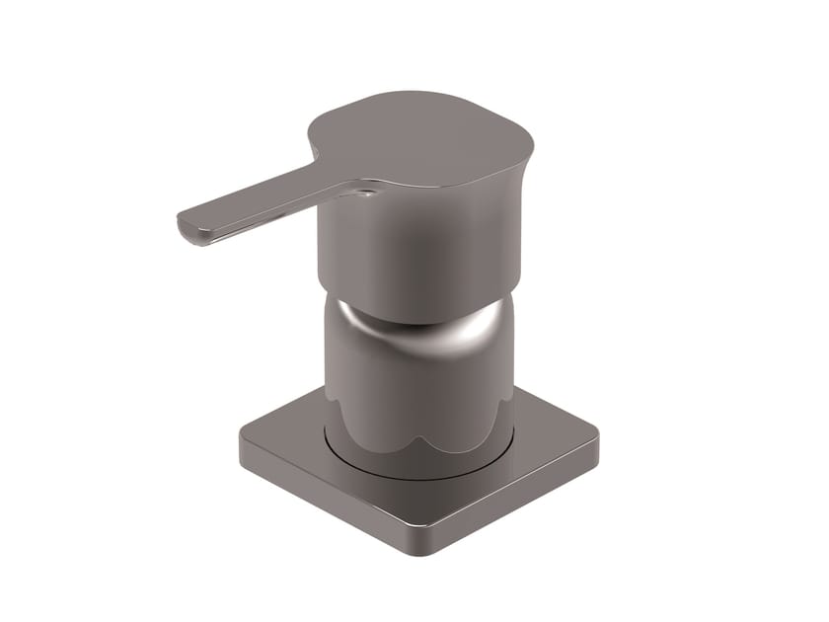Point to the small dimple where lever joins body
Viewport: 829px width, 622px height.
coord(366,193)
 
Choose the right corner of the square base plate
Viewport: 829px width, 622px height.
coord(594,435)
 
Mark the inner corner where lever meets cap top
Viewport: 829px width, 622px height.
coord(318,158)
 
